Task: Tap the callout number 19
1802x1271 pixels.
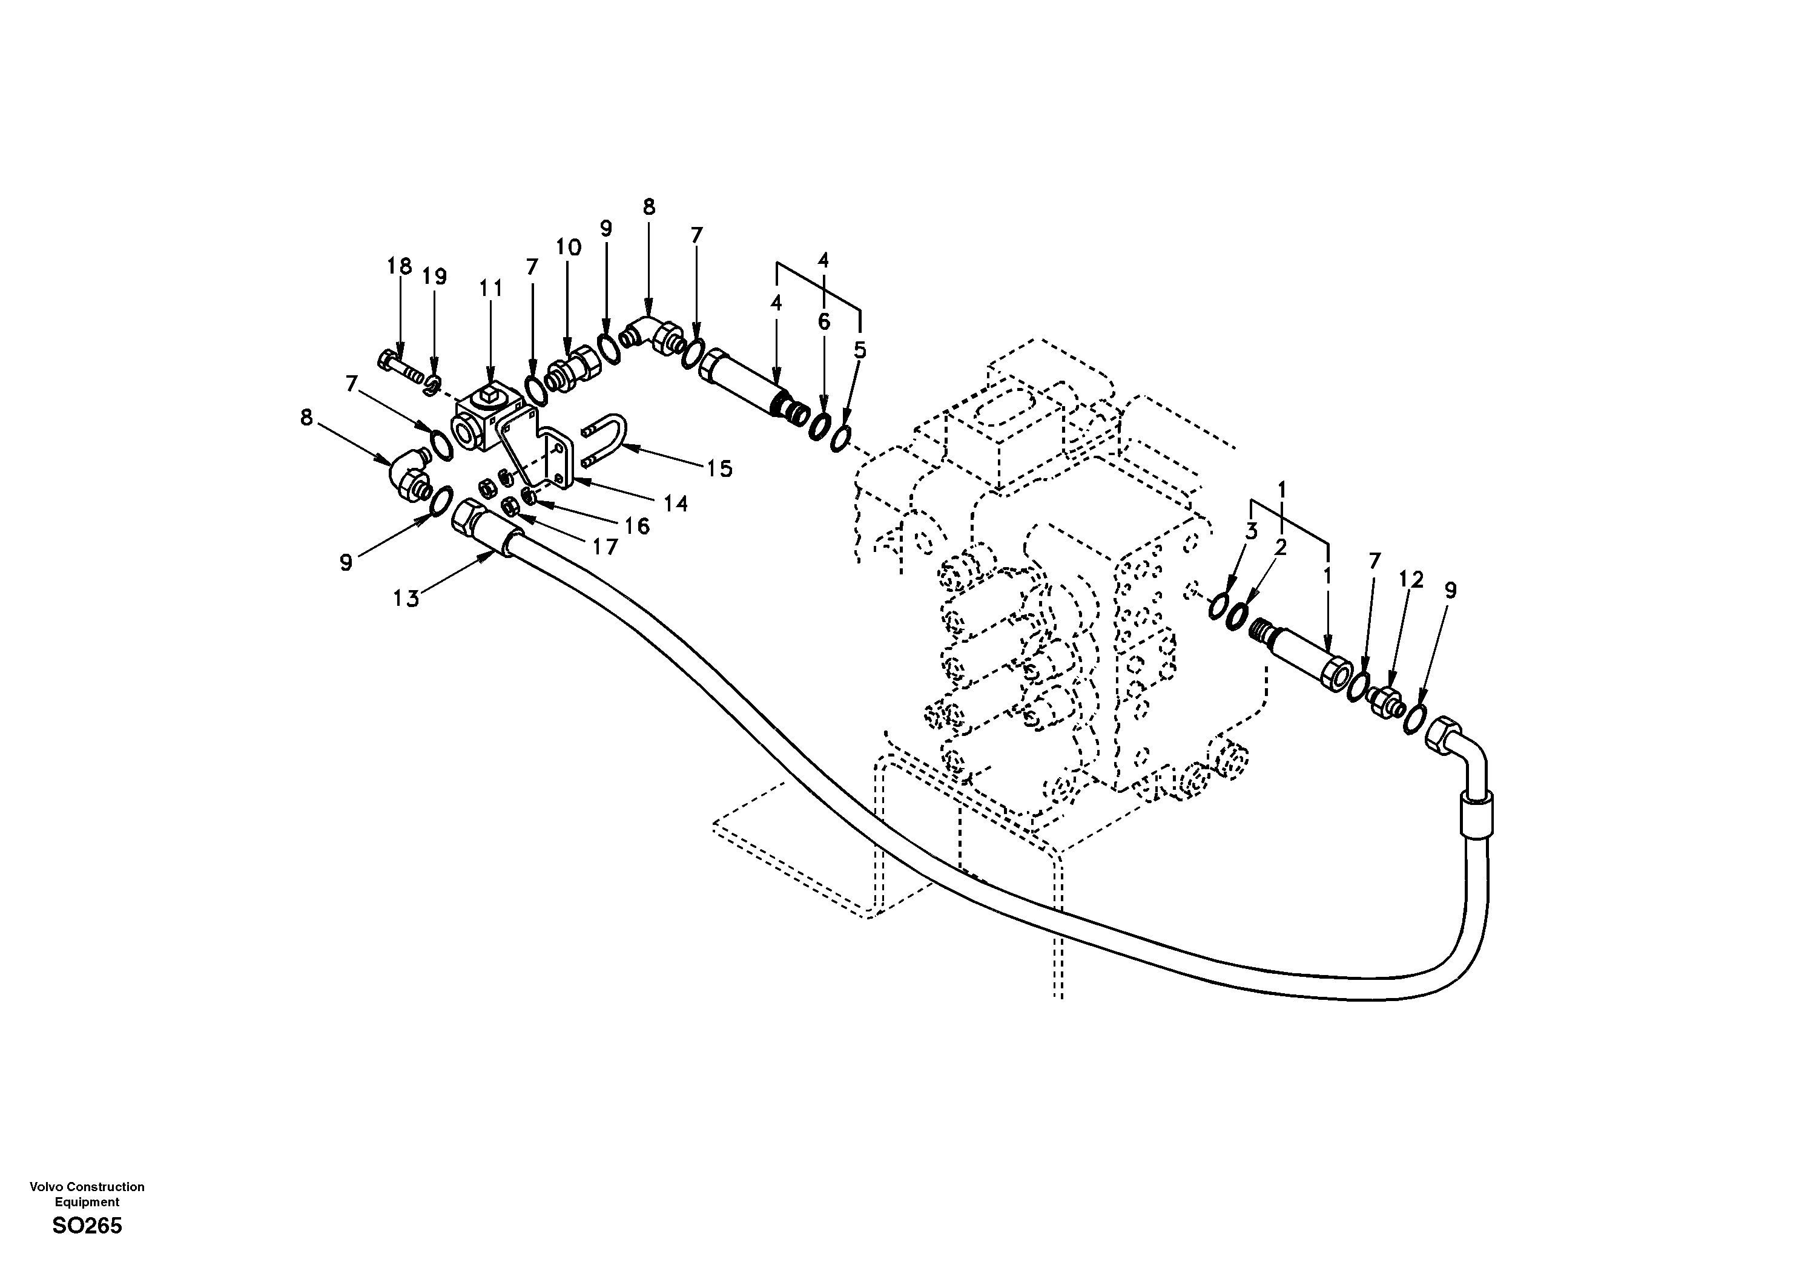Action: [434, 277]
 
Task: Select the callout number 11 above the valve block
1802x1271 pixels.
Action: [490, 289]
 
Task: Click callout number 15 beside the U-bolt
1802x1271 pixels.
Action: [719, 469]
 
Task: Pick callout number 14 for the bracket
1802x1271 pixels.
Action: [676, 504]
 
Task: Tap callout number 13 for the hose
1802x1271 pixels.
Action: [406, 599]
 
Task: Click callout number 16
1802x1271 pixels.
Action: [637, 526]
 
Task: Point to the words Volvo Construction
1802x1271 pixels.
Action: [87, 1187]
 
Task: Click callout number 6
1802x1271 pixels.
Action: [823, 321]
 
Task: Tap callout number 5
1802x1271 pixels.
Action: [860, 350]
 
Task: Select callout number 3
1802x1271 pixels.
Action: [1251, 531]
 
